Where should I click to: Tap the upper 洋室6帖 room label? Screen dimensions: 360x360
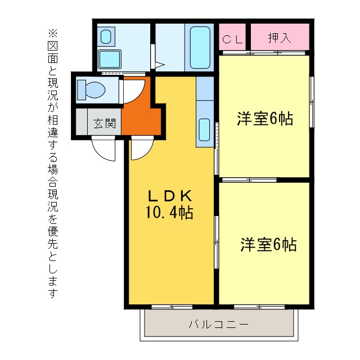264,119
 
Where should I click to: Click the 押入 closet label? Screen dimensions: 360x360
280,38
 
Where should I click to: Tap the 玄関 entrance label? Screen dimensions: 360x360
104,123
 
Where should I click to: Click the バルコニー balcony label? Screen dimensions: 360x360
218,325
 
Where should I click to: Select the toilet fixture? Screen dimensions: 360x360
92,89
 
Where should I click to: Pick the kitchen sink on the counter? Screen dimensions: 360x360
204,130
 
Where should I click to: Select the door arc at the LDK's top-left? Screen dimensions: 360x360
141,149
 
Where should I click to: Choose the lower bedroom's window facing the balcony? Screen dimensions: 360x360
251,307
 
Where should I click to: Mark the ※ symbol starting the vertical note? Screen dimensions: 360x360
53,34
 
